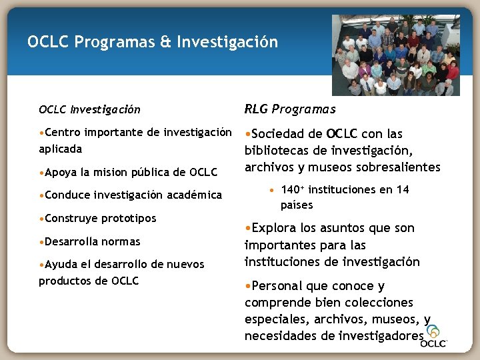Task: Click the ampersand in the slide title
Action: (x=166, y=43)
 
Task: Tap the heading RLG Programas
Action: (x=290, y=109)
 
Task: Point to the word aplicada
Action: (x=60, y=149)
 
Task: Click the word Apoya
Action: (x=61, y=173)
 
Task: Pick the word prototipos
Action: (x=129, y=219)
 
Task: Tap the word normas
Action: (x=121, y=241)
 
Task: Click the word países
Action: (x=297, y=205)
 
